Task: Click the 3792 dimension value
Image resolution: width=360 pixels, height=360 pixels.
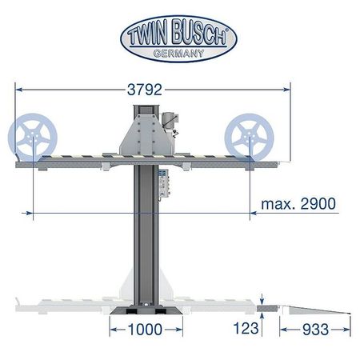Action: (x=145, y=90)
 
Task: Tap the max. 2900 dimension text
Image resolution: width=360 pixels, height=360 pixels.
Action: (x=298, y=204)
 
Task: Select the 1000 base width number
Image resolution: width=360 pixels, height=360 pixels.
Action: (x=146, y=330)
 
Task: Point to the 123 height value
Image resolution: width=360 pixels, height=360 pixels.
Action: (x=246, y=328)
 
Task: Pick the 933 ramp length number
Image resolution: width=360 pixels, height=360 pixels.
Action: (x=315, y=330)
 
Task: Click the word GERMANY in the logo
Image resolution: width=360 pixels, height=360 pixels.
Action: (x=178, y=54)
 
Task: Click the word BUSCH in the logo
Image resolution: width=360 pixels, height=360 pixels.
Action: (x=199, y=32)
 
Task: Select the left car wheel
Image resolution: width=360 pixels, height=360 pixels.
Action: (x=33, y=138)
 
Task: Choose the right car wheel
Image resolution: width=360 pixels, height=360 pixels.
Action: (x=249, y=138)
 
